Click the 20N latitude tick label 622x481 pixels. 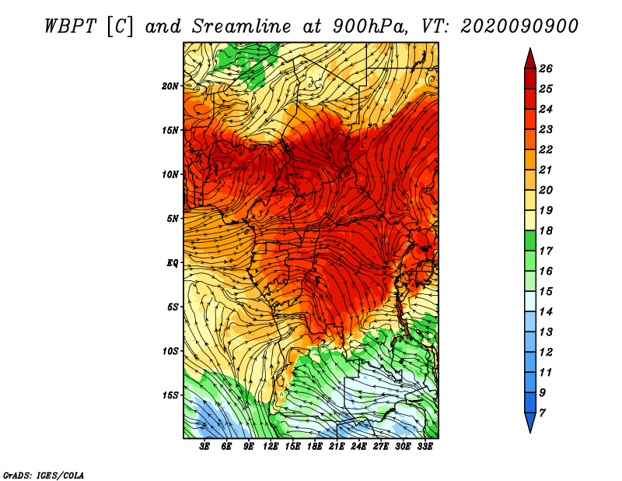(169, 86)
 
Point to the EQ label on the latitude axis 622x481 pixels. (172, 263)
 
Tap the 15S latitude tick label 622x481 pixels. (169, 395)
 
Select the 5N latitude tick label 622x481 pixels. (172, 219)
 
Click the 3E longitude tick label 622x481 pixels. (204, 447)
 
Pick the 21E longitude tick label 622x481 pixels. (337, 447)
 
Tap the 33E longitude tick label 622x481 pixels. (425, 447)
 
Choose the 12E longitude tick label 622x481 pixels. (270, 447)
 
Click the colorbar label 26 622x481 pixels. (546, 68)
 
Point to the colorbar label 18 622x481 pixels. (546, 230)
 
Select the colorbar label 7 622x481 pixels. (542, 413)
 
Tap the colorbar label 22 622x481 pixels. (546, 149)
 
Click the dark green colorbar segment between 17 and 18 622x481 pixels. (530, 240)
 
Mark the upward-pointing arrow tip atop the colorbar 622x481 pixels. (530, 48)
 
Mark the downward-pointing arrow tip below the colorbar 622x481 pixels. (530, 433)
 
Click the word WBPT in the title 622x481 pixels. (70, 26)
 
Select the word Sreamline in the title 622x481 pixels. (242, 26)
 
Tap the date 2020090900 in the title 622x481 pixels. (519, 26)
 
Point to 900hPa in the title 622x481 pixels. (369, 26)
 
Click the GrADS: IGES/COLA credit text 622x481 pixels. (44, 475)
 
